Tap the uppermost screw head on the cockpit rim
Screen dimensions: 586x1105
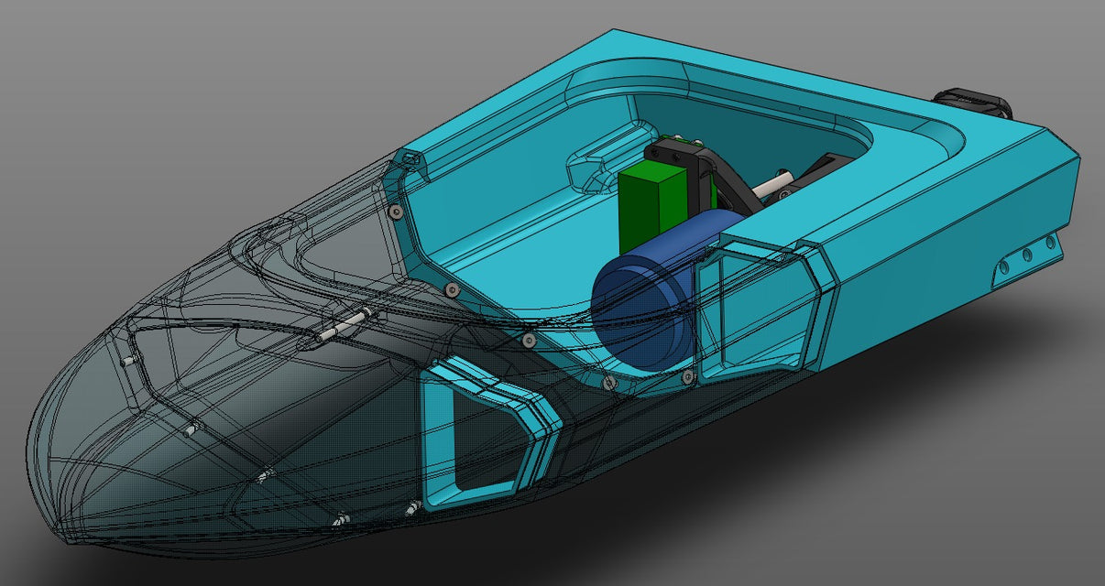(394, 212)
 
